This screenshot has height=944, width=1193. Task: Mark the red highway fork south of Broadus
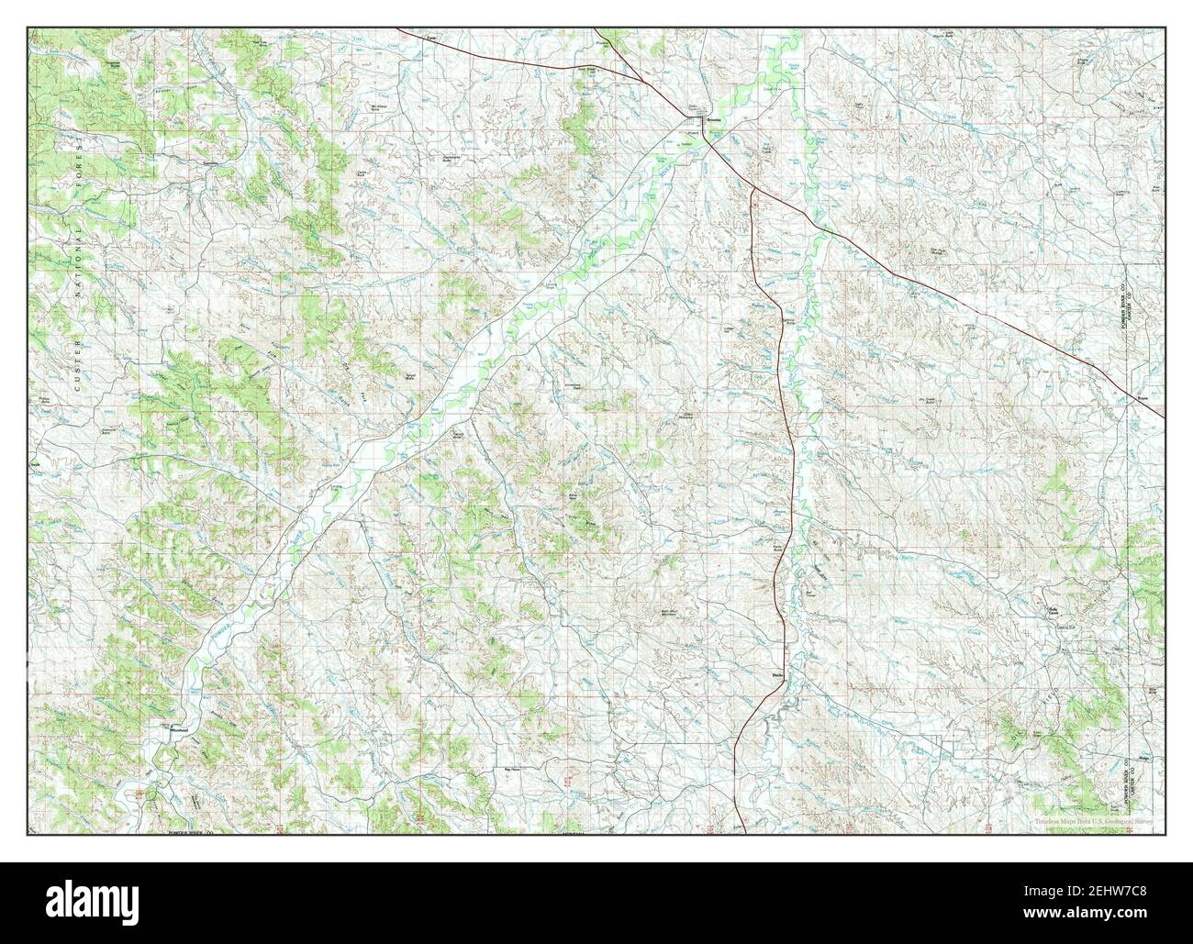tap(752, 189)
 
